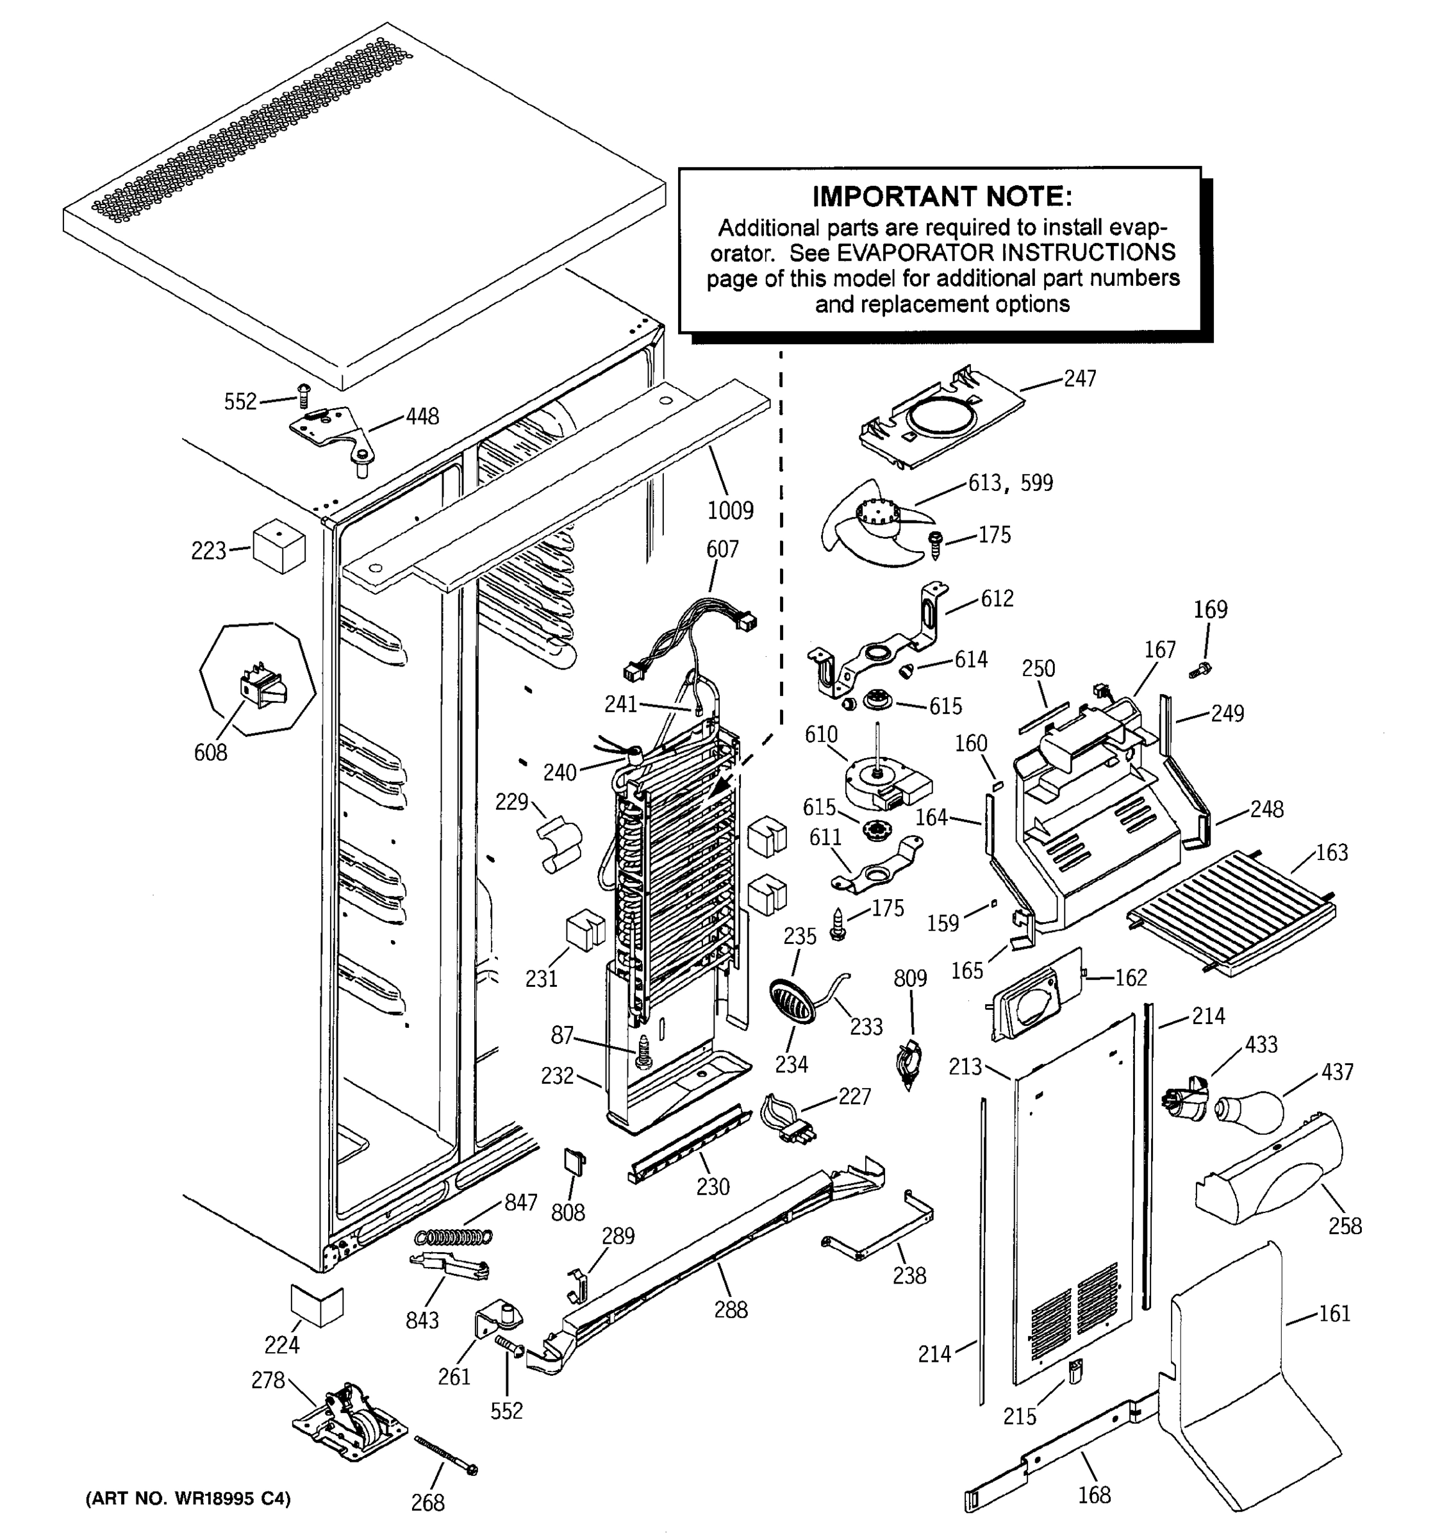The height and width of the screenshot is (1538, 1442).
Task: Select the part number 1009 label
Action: pos(729,511)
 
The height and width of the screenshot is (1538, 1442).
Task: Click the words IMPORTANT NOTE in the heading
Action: pos(941,197)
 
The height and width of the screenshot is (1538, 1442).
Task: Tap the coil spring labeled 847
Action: pos(454,1238)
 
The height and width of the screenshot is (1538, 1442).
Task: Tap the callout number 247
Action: pos(1079,378)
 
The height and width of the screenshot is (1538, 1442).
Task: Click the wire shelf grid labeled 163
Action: pos(1232,911)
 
